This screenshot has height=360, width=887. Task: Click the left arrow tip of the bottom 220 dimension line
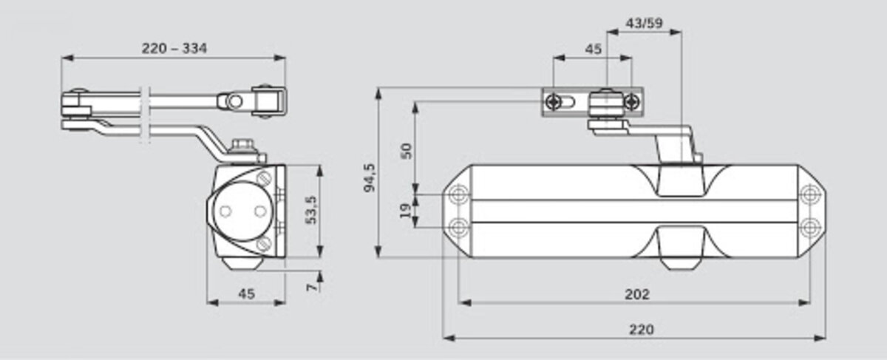(x=443, y=338)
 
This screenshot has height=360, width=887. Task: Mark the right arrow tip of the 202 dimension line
(x=810, y=302)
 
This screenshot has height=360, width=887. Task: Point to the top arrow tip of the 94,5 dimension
(x=378, y=88)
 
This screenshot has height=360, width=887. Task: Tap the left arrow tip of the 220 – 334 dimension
(x=62, y=58)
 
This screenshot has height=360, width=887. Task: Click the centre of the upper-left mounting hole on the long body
(x=458, y=194)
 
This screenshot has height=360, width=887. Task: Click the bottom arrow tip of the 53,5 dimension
(x=320, y=257)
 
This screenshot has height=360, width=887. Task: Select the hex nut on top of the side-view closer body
(x=242, y=146)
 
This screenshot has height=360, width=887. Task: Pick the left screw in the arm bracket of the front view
(x=553, y=102)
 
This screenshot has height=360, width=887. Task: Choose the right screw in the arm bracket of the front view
(x=631, y=102)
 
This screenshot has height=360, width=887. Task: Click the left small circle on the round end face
(x=225, y=211)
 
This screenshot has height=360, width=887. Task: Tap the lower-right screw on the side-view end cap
(x=264, y=243)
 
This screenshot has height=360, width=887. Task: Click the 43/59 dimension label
(x=644, y=23)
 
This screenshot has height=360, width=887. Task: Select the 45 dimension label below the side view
(x=246, y=294)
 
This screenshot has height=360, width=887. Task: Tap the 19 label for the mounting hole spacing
(x=405, y=211)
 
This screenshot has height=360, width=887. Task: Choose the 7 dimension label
(x=313, y=286)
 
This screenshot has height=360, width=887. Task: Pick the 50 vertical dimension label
(x=407, y=151)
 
